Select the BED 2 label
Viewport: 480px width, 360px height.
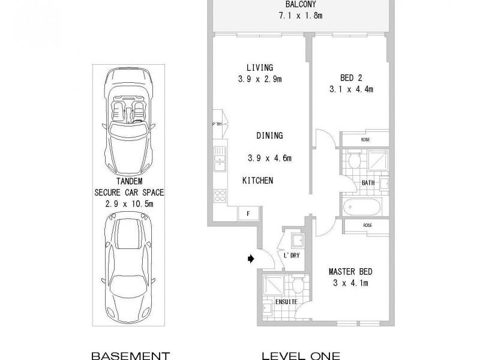(x=351, y=78)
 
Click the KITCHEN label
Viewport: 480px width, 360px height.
(x=258, y=180)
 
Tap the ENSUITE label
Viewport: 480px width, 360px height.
(x=286, y=302)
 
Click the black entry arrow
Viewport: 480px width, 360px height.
(x=250, y=259)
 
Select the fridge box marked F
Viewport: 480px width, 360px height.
(x=247, y=213)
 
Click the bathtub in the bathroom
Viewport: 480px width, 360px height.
(x=362, y=208)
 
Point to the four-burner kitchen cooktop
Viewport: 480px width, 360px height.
(x=220, y=195)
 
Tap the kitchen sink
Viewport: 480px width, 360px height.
(x=220, y=157)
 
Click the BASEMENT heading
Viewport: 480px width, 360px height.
(x=130, y=355)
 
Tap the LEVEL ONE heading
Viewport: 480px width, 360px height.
(x=301, y=355)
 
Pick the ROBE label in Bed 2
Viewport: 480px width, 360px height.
(x=365, y=140)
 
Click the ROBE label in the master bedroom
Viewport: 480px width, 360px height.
(x=367, y=226)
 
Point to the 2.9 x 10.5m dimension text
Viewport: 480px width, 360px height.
(x=129, y=204)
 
